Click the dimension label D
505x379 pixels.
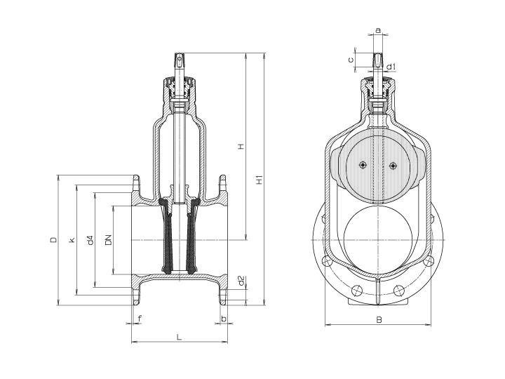click(53, 241)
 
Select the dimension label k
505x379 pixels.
click(72, 241)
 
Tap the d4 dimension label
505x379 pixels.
click(90, 241)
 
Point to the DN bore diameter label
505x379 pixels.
click(108, 241)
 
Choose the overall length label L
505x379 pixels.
click(180, 337)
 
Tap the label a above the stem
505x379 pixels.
click(378, 30)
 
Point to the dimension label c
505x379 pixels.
click(351, 60)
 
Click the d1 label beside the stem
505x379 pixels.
click(393, 67)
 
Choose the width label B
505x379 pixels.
click(378, 319)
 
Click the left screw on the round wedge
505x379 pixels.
click(362, 165)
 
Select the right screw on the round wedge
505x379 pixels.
click(393, 166)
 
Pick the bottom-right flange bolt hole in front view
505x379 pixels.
click(400, 290)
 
